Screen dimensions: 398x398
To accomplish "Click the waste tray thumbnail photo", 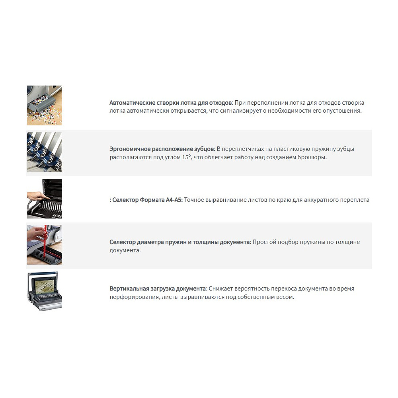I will point(45,105).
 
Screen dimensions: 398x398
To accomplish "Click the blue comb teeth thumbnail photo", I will point(45,152).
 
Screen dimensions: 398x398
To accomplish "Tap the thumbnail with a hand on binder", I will point(45,199).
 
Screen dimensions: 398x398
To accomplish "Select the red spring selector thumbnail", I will point(45,245).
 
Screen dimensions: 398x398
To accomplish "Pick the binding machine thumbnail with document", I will point(45,291).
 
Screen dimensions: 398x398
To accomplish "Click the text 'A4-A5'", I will point(174,200).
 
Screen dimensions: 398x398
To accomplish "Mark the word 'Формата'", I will point(152,200).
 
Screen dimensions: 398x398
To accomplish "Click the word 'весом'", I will point(285,297).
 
